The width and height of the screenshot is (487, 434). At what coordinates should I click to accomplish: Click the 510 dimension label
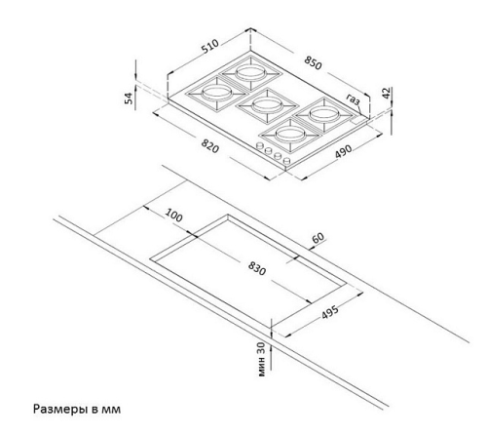pyautogui.click(x=210, y=47)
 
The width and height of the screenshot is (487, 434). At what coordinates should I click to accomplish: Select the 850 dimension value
pyautogui.click(x=313, y=62)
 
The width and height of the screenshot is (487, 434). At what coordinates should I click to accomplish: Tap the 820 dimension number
pyautogui.click(x=210, y=145)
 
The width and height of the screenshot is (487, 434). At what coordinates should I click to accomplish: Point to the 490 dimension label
pyautogui.click(x=344, y=151)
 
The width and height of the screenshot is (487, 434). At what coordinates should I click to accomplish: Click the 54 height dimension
pyautogui.click(x=129, y=99)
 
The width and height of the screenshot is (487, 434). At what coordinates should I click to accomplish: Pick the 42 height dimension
pyautogui.click(x=387, y=94)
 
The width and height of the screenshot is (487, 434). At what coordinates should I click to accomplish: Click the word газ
pyautogui.click(x=353, y=99)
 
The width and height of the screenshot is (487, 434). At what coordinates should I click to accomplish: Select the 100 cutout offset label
pyautogui.click(x=174, y=216)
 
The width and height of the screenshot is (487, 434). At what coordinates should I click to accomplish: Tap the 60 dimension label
pyautogui.click(x=318, y=238)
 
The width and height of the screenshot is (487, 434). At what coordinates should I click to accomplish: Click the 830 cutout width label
pyautogui.click(x=257, y=268)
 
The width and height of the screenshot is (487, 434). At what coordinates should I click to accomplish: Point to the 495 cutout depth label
pyautogui.click(x=330, y=312)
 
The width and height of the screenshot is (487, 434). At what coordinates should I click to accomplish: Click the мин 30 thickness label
pyautogui.click(x=262, y=359)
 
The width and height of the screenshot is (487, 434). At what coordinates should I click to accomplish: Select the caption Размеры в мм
pyautogui.click(x=77, y=409)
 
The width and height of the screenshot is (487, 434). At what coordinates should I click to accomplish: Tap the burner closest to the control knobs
pyautogui.click(x=289, y=134)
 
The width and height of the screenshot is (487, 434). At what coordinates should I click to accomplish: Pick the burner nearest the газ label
pyautogui.click(x=324, y=114)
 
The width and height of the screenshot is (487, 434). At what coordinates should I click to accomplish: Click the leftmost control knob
pyautogui.click(x=260, y=146)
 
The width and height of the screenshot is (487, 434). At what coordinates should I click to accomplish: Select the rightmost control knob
pyautogui.click(x=286, y=161)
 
